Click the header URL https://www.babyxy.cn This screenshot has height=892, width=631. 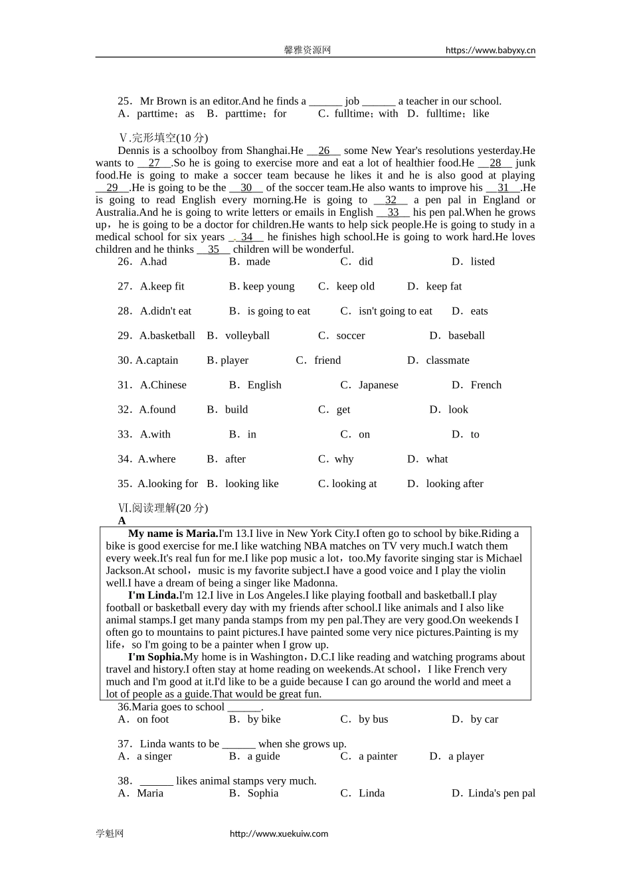click(490, 50)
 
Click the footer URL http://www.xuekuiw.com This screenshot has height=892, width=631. click(279, 834)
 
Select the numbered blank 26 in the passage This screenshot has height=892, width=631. click(323, 151)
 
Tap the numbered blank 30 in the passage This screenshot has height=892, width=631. click(246, 188)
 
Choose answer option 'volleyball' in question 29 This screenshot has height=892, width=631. click(247, 336)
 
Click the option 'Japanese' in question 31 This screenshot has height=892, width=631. click(378, 385)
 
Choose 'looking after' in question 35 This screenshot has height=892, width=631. click(454, 484)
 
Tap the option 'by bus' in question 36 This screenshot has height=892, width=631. click(373, 719)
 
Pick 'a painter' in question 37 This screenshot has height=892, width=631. click(377, 757)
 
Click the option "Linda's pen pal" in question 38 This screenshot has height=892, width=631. click(501, 794)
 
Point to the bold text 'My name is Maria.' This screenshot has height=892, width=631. click(173, 534)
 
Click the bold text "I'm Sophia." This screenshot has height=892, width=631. click(155, 657)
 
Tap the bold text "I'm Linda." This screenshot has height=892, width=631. click(153, 595)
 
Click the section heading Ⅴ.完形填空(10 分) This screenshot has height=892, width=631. click(163, 138)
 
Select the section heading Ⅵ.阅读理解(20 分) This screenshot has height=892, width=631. click(163, 508)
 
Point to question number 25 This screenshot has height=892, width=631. click(125, 102)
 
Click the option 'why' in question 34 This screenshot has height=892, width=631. click(343, 459)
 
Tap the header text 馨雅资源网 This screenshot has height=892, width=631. click(308, 50)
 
